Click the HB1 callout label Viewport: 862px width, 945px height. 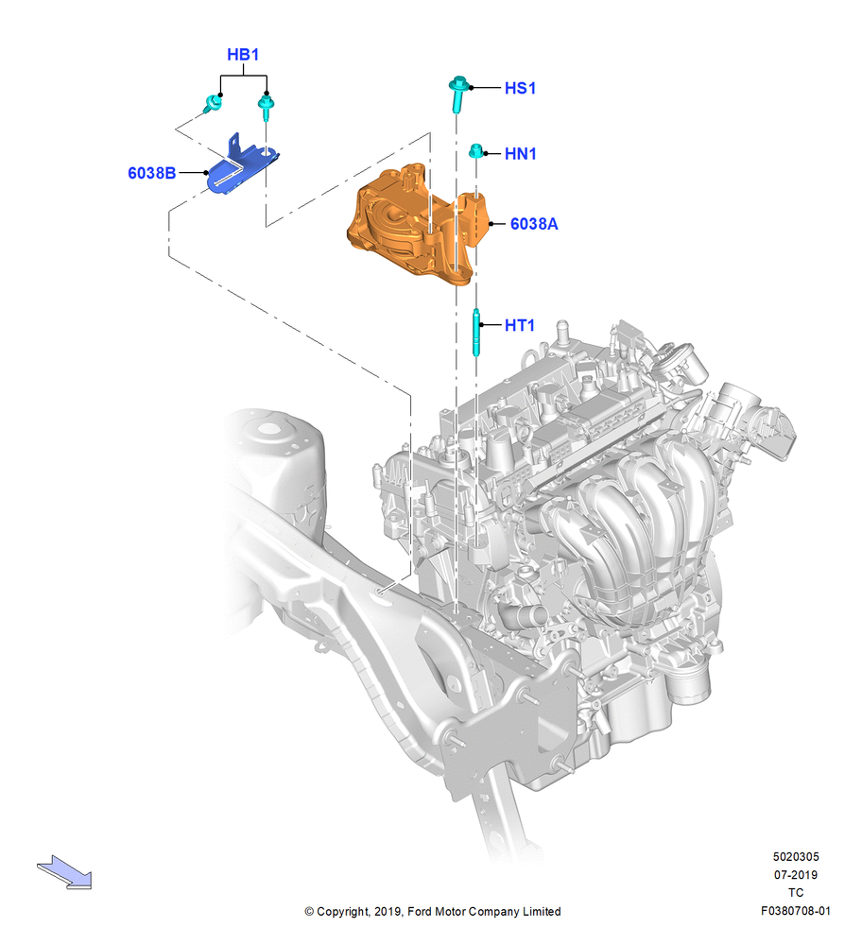coord(243,54)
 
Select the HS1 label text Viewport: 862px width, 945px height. coord(520,88)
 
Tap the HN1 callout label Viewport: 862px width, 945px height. coord(520,154)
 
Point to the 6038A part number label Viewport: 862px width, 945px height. coord(534,224)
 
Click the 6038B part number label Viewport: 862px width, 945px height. coord(152,173)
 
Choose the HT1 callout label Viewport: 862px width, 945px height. coord(520,325)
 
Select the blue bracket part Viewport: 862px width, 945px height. coord(241,165)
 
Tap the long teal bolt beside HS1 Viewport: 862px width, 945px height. coord(458,94)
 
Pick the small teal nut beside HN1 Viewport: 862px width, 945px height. coord(476,150)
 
